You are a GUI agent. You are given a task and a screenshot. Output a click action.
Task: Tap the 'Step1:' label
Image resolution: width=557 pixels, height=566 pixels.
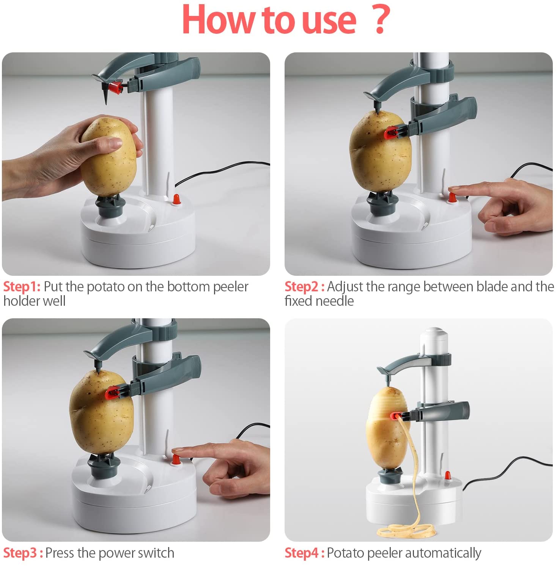[x=22, y=287]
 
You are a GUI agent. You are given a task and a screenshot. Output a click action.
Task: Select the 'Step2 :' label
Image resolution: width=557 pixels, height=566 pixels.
[x=304, y=287]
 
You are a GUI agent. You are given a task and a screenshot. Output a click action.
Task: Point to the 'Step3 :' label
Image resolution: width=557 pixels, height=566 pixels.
[x=23, y=553]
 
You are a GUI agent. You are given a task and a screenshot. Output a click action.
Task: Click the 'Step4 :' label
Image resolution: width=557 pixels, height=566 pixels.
[x=304, y=553]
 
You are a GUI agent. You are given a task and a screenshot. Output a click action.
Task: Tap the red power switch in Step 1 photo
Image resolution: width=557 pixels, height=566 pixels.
[x=176, y=199]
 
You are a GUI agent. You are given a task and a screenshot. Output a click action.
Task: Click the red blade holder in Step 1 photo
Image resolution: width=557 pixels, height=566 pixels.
[x=116, y=88]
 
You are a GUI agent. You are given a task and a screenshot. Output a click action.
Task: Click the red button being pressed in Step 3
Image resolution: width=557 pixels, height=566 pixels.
[x=176, y=459]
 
